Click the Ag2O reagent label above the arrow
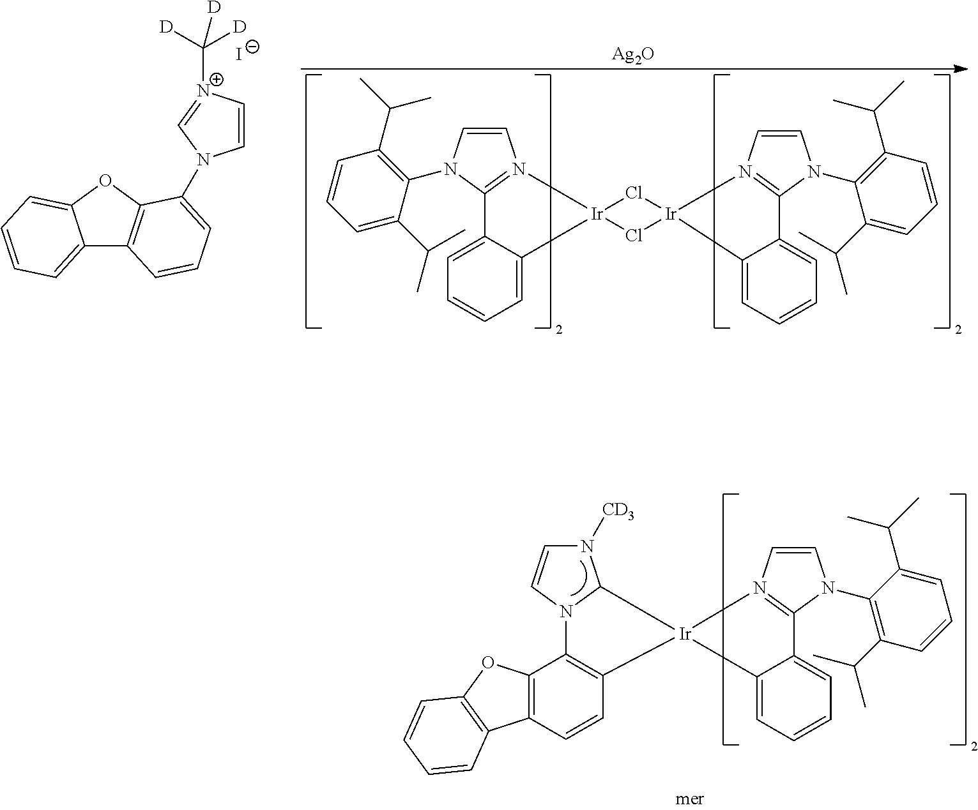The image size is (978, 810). (x=632, y=55)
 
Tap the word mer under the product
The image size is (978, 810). (x=690, y=799)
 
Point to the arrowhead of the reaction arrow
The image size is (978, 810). (x=961, y=69)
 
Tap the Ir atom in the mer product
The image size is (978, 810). (x=684, y=634)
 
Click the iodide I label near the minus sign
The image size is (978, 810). (x=239, y=55)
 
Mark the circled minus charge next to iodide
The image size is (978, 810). (x=252, y=47)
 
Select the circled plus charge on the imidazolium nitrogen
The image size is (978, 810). (x=217, y=79)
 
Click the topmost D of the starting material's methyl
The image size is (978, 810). (x=215, y=8)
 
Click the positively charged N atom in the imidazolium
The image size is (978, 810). (x=203, y=91)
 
